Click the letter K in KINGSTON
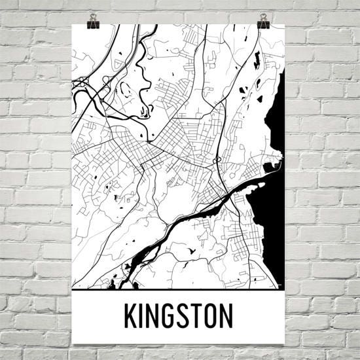[131, 316]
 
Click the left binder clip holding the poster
[92, 20]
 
